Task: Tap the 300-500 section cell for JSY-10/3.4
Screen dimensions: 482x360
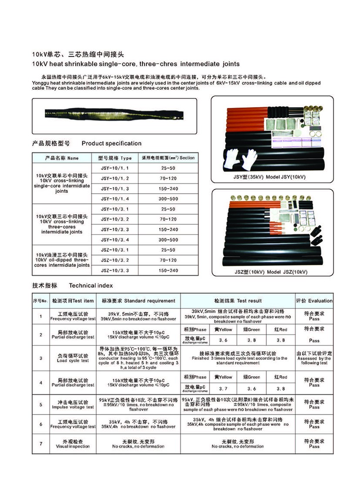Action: [x=168, y=239]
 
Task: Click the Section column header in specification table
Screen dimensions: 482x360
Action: [x=168, y=158]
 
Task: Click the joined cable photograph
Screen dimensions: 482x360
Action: [x=114, y=116]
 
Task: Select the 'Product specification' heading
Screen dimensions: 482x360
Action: [x=111, y=143]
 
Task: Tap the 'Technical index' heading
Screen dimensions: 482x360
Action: [x=91, y=286]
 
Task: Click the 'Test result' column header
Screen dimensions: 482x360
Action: [x=238, y=300]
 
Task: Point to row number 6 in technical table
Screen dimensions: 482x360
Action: [x=41, y=424]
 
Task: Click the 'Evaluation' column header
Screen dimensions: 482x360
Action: [x=314, y=300]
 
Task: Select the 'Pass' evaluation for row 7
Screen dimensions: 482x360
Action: [x=314, y=444]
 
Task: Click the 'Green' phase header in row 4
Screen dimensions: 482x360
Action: [x=252, y=377]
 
